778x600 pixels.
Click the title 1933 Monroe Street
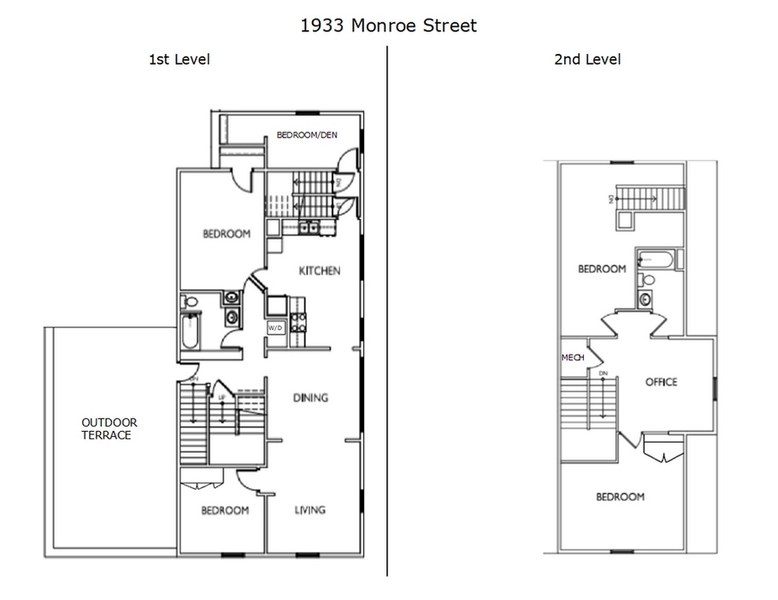[x=388, y=26]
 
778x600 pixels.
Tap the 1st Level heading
[x=180, y=60]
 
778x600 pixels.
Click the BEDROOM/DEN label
[x=307, y=135]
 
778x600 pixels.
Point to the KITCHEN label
[x=319, y=271]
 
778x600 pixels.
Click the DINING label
[x=310, y=397]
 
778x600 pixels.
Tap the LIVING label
[x=309, y=510]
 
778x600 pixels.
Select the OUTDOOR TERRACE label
[x=109, y=428]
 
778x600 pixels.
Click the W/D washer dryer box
[x=275, y=327]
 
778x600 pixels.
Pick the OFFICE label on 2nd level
[x=661, y=382]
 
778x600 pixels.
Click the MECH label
[x=573, y=357]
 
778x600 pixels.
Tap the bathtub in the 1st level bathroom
[x=191, y=330]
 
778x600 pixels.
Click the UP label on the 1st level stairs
[x=223, y=398]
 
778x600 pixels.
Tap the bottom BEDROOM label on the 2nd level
[x=620, y=497]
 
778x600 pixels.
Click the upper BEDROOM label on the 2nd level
[x=602, y=268]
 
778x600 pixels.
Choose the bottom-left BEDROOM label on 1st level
[x=225, y=510]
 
